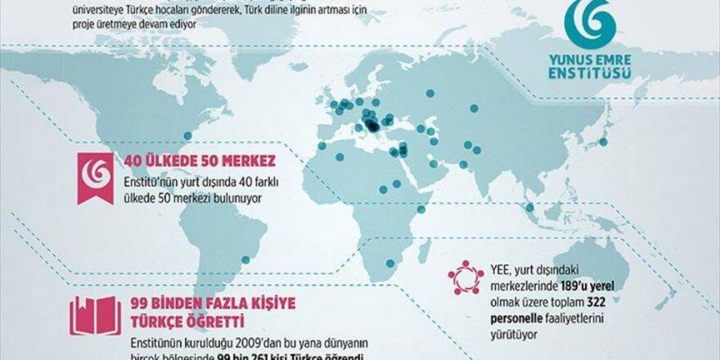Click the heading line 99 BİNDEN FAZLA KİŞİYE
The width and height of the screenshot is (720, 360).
pyautogui.click(x=213, y=303)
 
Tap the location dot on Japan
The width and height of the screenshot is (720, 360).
pyautogui.click(x=604, y=142)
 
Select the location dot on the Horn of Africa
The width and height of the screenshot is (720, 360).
pyautogui.click(x=421, y=209)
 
